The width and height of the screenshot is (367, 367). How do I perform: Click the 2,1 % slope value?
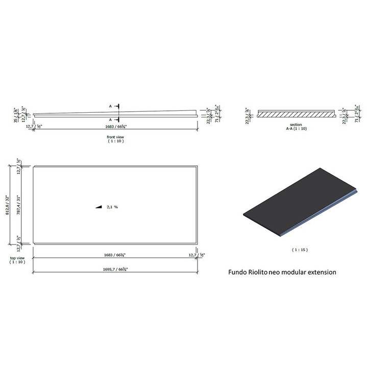pyautogui.click(x=113, y=207)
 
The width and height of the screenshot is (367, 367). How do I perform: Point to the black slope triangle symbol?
pyautogui.click(x=99, y=207)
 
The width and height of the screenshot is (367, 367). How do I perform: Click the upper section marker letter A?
pyautogui.click(x=110, y=106)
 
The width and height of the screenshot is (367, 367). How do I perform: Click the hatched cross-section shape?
pyautogui.click(x=297, y=114)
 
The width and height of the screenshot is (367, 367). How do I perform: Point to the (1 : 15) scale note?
pyautogui.click(x=300, y=250)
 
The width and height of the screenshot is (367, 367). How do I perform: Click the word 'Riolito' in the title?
pyautogui.click(x=259, y=272)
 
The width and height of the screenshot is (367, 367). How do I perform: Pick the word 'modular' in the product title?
pyautogui.click(x=293, y=272)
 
